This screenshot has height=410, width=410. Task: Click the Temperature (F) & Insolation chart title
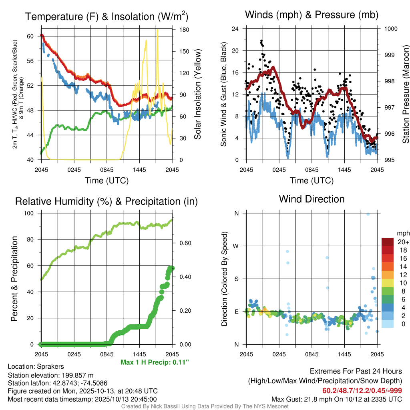(106, 16)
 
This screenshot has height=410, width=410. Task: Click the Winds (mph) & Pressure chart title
(312, 15)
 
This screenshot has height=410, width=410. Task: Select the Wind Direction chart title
(312, 199)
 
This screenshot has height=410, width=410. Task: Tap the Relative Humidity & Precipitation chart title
(106, 201)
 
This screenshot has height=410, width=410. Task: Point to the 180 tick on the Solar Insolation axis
(184, 30)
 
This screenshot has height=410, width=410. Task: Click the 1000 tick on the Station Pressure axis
(390, 29)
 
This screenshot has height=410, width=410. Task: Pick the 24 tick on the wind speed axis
(235, 29)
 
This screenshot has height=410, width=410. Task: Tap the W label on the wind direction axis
(236, 246)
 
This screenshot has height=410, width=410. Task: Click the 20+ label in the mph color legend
(403, 242)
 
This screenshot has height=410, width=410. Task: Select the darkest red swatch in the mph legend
(388, 242)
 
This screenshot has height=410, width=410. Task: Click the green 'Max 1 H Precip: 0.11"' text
(155, 362)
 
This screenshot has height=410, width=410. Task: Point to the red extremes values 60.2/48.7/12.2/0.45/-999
(362, 391)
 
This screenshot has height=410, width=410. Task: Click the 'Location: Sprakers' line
(36, 366)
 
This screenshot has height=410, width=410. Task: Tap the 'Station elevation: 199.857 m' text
(50, 375)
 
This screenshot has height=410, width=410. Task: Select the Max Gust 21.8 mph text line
(337, 399)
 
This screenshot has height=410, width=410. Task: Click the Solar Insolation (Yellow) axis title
(197, 94)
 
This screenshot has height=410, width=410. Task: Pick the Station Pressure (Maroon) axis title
(405, 94)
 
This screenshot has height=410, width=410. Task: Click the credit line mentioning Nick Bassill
(205, 406)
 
